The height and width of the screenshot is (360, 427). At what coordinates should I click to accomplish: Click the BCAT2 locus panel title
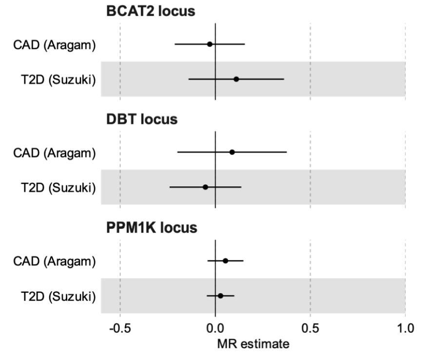pos(151,12)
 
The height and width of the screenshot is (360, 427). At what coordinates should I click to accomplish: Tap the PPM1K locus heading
pos(152,228)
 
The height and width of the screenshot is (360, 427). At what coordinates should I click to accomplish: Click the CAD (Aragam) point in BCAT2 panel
pos(210,44)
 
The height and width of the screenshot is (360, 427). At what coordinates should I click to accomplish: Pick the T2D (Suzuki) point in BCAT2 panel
pos(236,79)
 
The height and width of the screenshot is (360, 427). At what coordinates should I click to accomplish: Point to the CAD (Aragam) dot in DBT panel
pos(232,152)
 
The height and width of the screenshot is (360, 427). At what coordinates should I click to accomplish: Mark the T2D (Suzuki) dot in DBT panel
pos(205,187)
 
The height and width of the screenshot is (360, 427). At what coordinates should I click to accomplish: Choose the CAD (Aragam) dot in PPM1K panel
pos(225,260)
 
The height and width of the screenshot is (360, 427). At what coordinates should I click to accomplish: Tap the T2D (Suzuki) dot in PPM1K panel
pos(220,296)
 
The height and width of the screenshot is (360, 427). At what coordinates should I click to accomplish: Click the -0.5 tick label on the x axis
pos(120,328)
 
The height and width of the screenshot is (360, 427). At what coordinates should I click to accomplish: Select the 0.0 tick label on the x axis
pos(215,328)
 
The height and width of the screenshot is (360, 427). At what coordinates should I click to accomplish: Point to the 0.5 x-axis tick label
pos(310,328)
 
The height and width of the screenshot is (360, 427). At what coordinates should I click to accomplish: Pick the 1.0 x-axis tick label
pos(405,328)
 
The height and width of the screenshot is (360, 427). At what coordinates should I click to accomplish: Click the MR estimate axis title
pos(253,344)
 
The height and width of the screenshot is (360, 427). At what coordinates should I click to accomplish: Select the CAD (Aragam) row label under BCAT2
pos(54,44)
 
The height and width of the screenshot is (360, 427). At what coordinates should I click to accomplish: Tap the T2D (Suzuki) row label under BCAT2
pos(58,79)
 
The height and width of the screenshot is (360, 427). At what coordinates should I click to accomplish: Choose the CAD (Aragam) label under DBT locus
pos(54,153)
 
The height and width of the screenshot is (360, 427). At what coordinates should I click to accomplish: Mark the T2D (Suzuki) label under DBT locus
pos(58,187)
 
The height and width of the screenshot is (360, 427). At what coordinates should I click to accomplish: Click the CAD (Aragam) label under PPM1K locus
pos(54,261)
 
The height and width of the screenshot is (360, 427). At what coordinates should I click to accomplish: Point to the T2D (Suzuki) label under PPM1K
pos(58,296)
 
